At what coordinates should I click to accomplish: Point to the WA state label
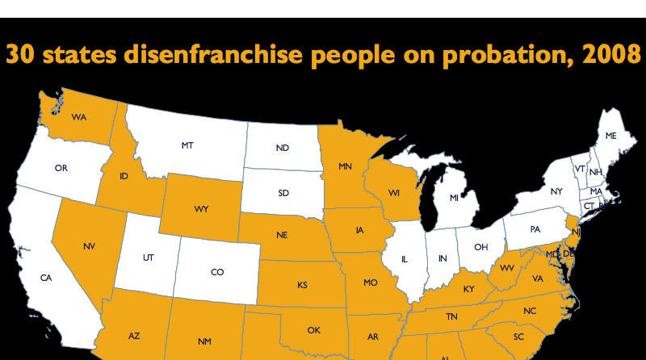click(x=79, y=117)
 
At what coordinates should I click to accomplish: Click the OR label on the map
click(x=61, y=168)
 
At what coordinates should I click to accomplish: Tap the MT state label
click(x=187, y=146)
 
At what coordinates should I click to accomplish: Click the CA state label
click(x=46, y=278)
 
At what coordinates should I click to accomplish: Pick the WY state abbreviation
click(x=201, y=208)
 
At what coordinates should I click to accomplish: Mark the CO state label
click(x=217, y=273)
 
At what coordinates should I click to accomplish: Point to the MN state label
click(x=345, y=167)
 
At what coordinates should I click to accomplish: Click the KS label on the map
click(x=302, y=285)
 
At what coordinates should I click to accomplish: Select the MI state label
click(x=455, y=198)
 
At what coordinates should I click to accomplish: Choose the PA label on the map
click(x=535, y=229)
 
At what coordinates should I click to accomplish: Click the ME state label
click(x=610, y=136)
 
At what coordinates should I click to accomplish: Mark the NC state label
click(x=530, y=310)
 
